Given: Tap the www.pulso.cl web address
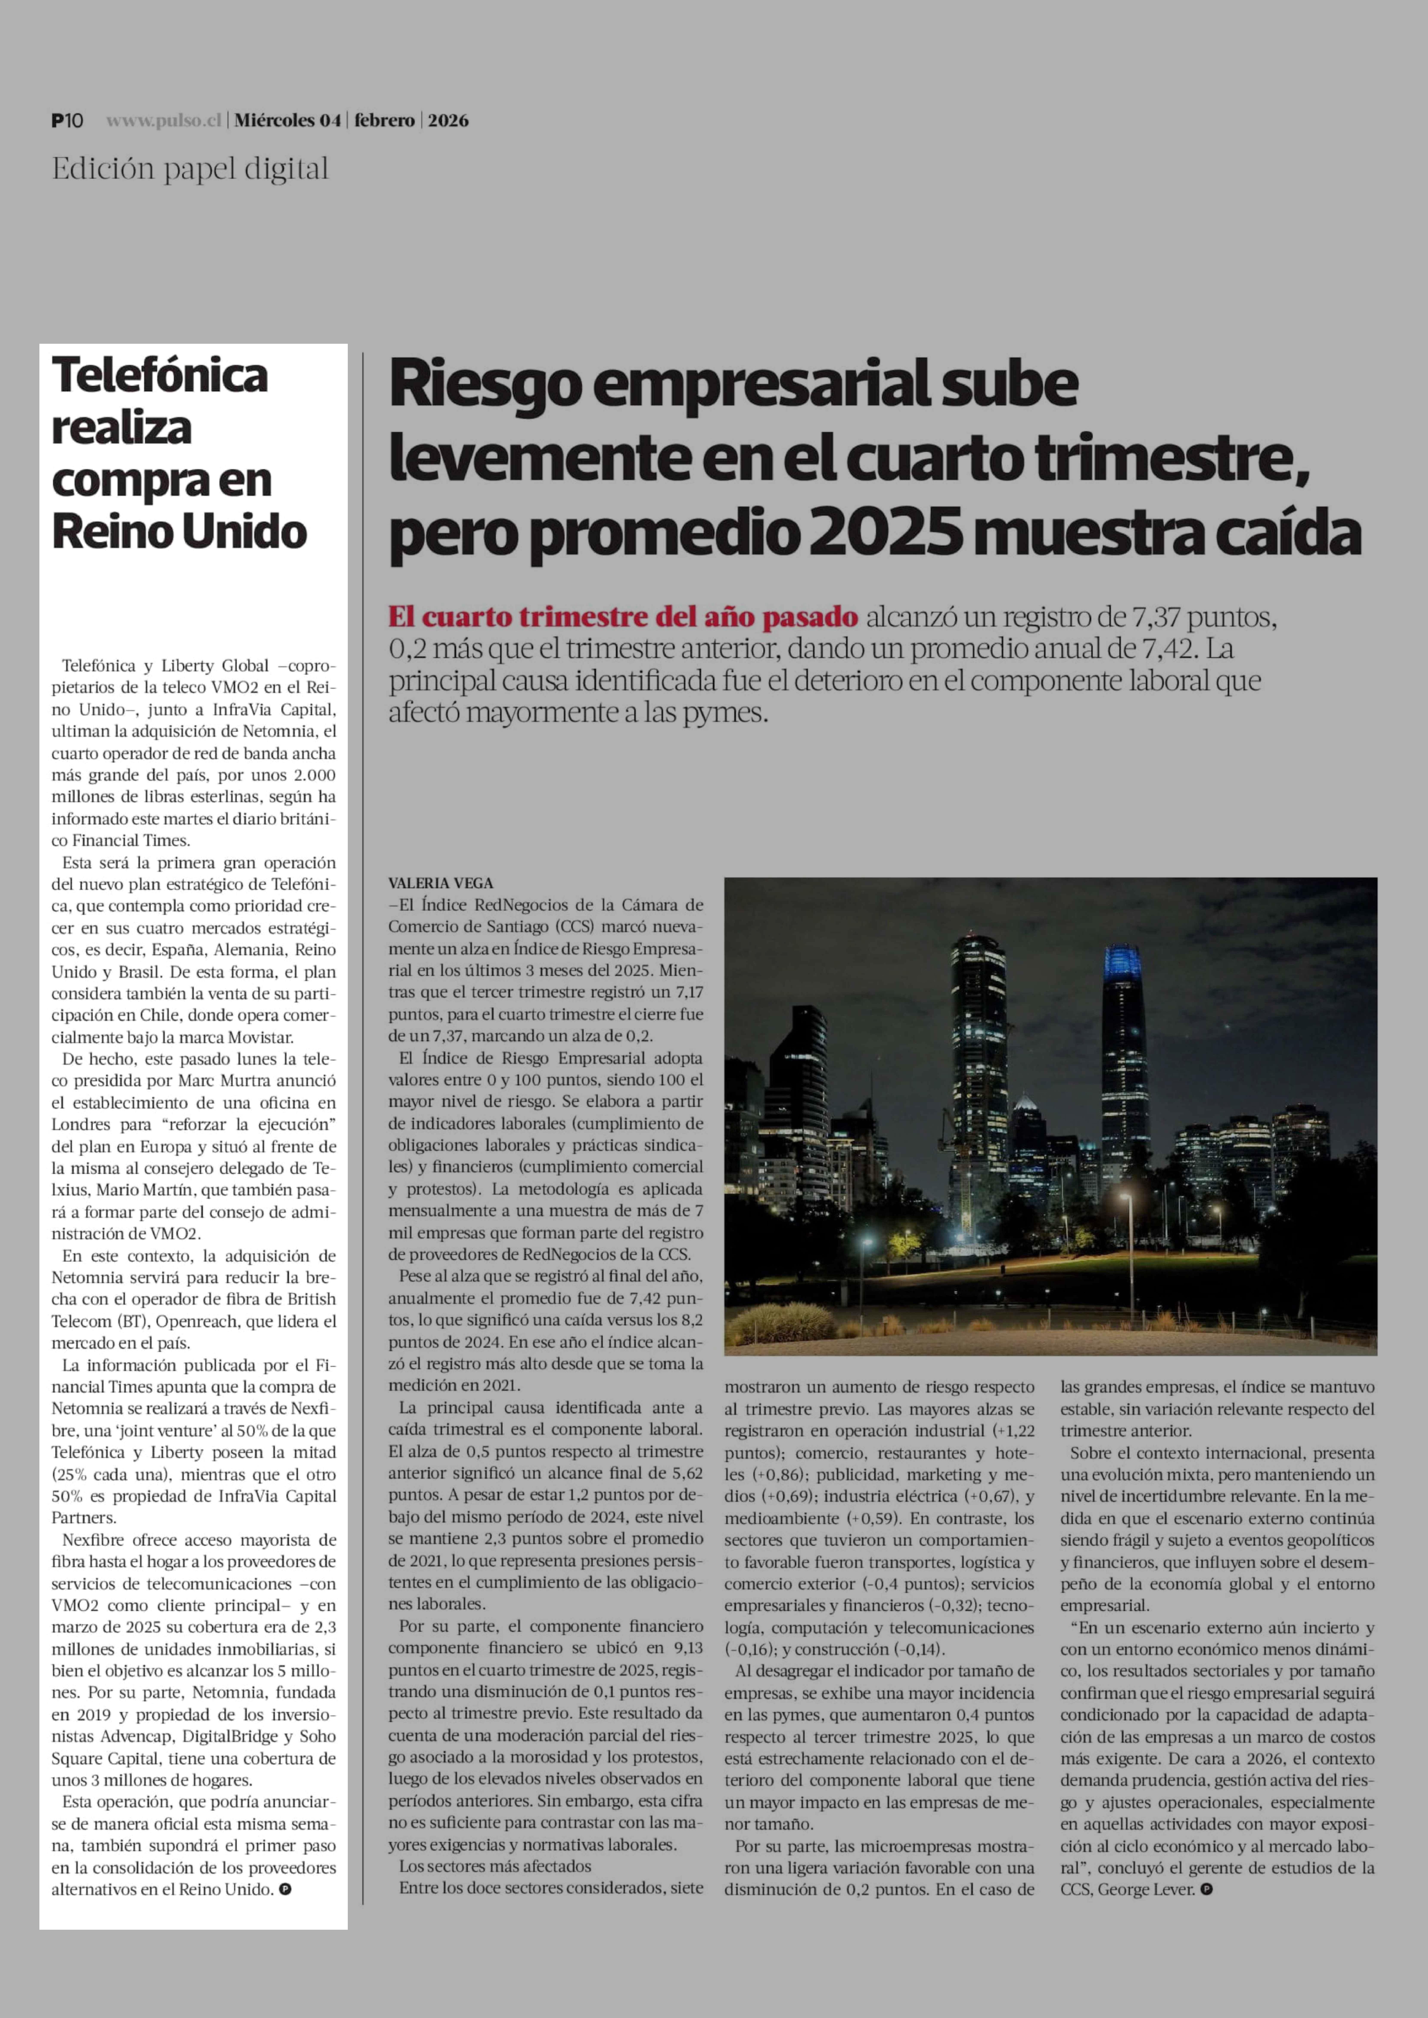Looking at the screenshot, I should [x=163, y=120].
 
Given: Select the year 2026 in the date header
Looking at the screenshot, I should [x=448, y=120].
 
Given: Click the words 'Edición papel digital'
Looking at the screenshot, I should [x=190, y=169].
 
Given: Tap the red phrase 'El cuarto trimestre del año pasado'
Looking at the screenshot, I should [x=623, y=617].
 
